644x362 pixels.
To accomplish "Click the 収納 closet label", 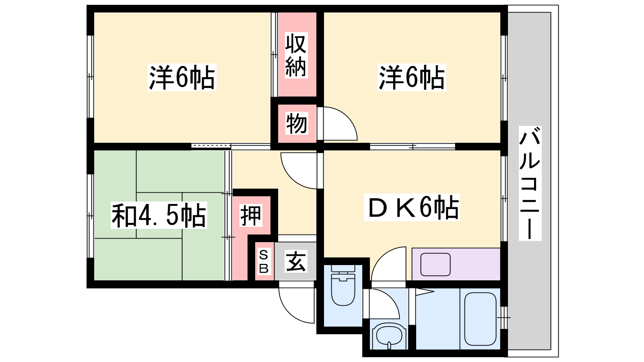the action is point(296,55).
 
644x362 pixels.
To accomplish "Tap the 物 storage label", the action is point(296,123).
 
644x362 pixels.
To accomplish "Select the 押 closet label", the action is point(251,216).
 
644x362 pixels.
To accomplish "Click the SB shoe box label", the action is point(264,261).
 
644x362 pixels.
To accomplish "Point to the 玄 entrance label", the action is point(296,261).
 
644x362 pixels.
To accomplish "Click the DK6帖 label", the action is point(412,207).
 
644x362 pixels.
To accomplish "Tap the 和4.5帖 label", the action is point(159,215).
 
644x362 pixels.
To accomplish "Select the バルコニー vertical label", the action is point(530,183).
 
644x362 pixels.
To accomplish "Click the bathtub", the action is point(481,319).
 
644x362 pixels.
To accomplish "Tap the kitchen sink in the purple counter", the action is point(435,264).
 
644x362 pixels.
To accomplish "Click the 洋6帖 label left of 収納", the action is point(182,77).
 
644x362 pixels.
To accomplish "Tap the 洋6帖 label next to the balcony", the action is point(412,77).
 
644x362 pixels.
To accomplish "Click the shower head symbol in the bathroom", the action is point(425,292).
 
